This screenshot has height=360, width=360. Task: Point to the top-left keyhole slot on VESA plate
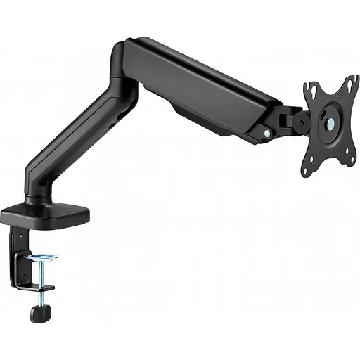311,91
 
